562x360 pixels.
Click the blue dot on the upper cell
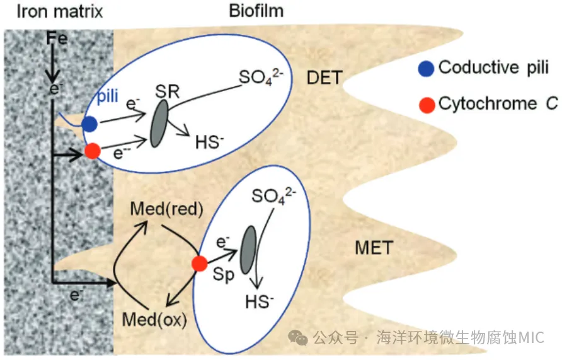[x=89, y=124]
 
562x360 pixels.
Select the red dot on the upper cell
[x=93, y=151]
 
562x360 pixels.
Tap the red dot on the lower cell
[x=200, y=264]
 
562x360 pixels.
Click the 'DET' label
[x=324, y=78]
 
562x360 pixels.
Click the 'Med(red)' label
[x=157, y=209]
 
